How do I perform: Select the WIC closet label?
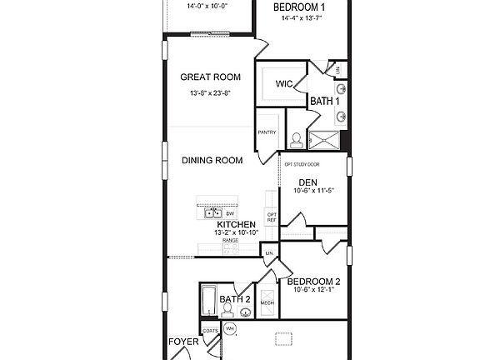(283, 83)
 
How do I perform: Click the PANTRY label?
(267, 132)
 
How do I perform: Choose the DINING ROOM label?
(212, 161)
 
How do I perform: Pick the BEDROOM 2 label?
(312, 282)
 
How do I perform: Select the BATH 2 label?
(235, 299)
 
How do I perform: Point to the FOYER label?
(182, 342)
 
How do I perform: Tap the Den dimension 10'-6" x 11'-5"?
(313, 191)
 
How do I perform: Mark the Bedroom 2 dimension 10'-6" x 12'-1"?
(313, 292)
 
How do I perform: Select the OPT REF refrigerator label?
(271, 217)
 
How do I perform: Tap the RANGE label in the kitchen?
(229, 240)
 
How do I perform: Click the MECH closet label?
(267, 303)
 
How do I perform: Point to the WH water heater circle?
(230, 329)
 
